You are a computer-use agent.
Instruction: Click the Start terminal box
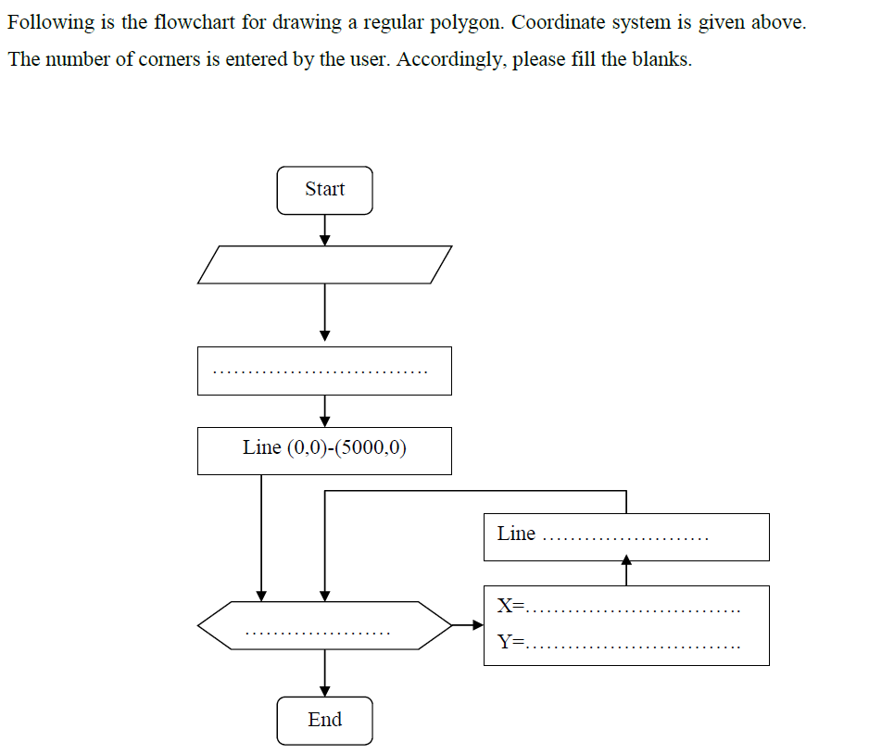click(x=324, y=190)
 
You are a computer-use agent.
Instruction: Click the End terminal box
click(x=324, y=720)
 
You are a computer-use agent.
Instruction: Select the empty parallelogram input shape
click(x=324, y=264)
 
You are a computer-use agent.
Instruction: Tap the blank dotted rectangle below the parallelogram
click(x=324, y=371)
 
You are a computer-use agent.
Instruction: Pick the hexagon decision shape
click(x=324, y=625)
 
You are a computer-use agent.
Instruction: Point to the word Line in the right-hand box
click(x=516, y=534)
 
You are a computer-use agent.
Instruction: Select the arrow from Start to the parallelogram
click(x=324, y=230)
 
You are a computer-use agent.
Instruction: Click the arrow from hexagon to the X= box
click(x=467, y=625)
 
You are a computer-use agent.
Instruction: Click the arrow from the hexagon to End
click(x=324, y=672)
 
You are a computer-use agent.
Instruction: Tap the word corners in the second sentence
click(x=169, y=60)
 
